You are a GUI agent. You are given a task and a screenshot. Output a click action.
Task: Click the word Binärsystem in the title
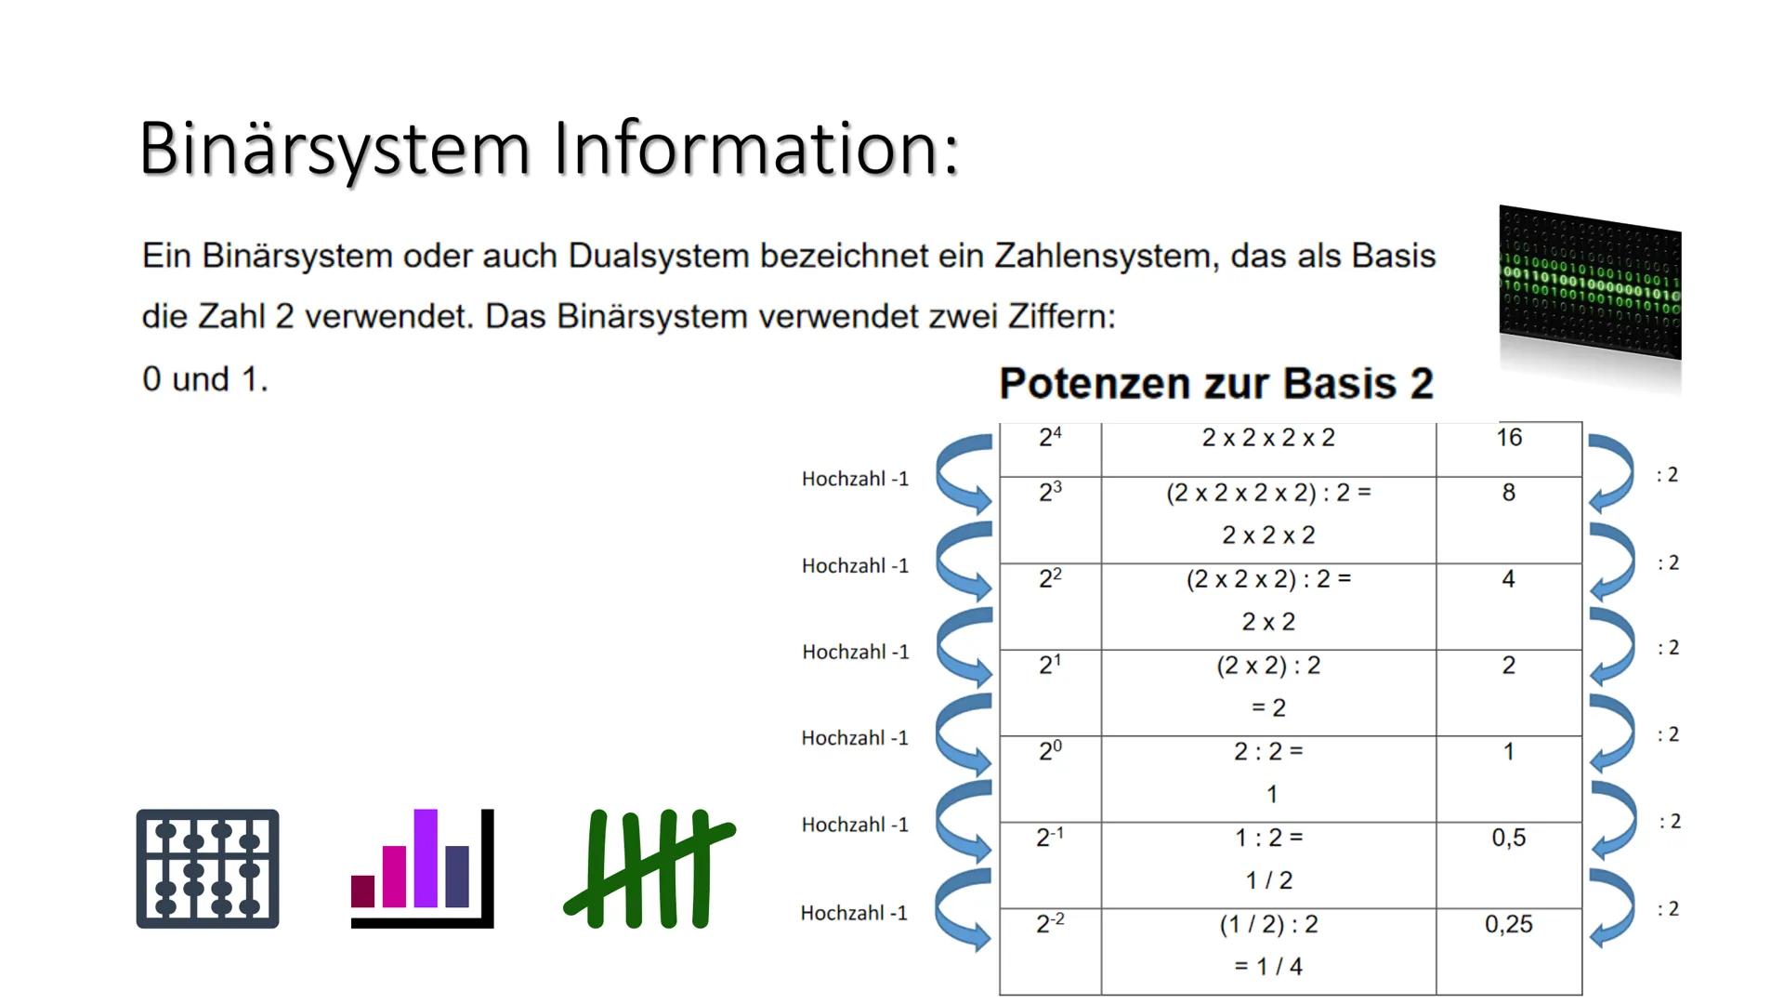tap(334, 149)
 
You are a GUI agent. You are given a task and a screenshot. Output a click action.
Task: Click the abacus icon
tap(207, 868)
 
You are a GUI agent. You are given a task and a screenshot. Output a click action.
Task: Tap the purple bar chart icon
tap(422, 868)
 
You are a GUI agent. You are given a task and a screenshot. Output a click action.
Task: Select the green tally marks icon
tap(649, 868)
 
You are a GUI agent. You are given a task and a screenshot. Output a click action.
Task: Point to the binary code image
tap(1590, 284)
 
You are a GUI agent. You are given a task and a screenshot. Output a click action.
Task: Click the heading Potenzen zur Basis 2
tap(1215, 383)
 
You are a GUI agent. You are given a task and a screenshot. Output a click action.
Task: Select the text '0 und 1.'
tap(205, 379)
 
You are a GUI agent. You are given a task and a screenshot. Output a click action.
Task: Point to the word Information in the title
tap(756, 149)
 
